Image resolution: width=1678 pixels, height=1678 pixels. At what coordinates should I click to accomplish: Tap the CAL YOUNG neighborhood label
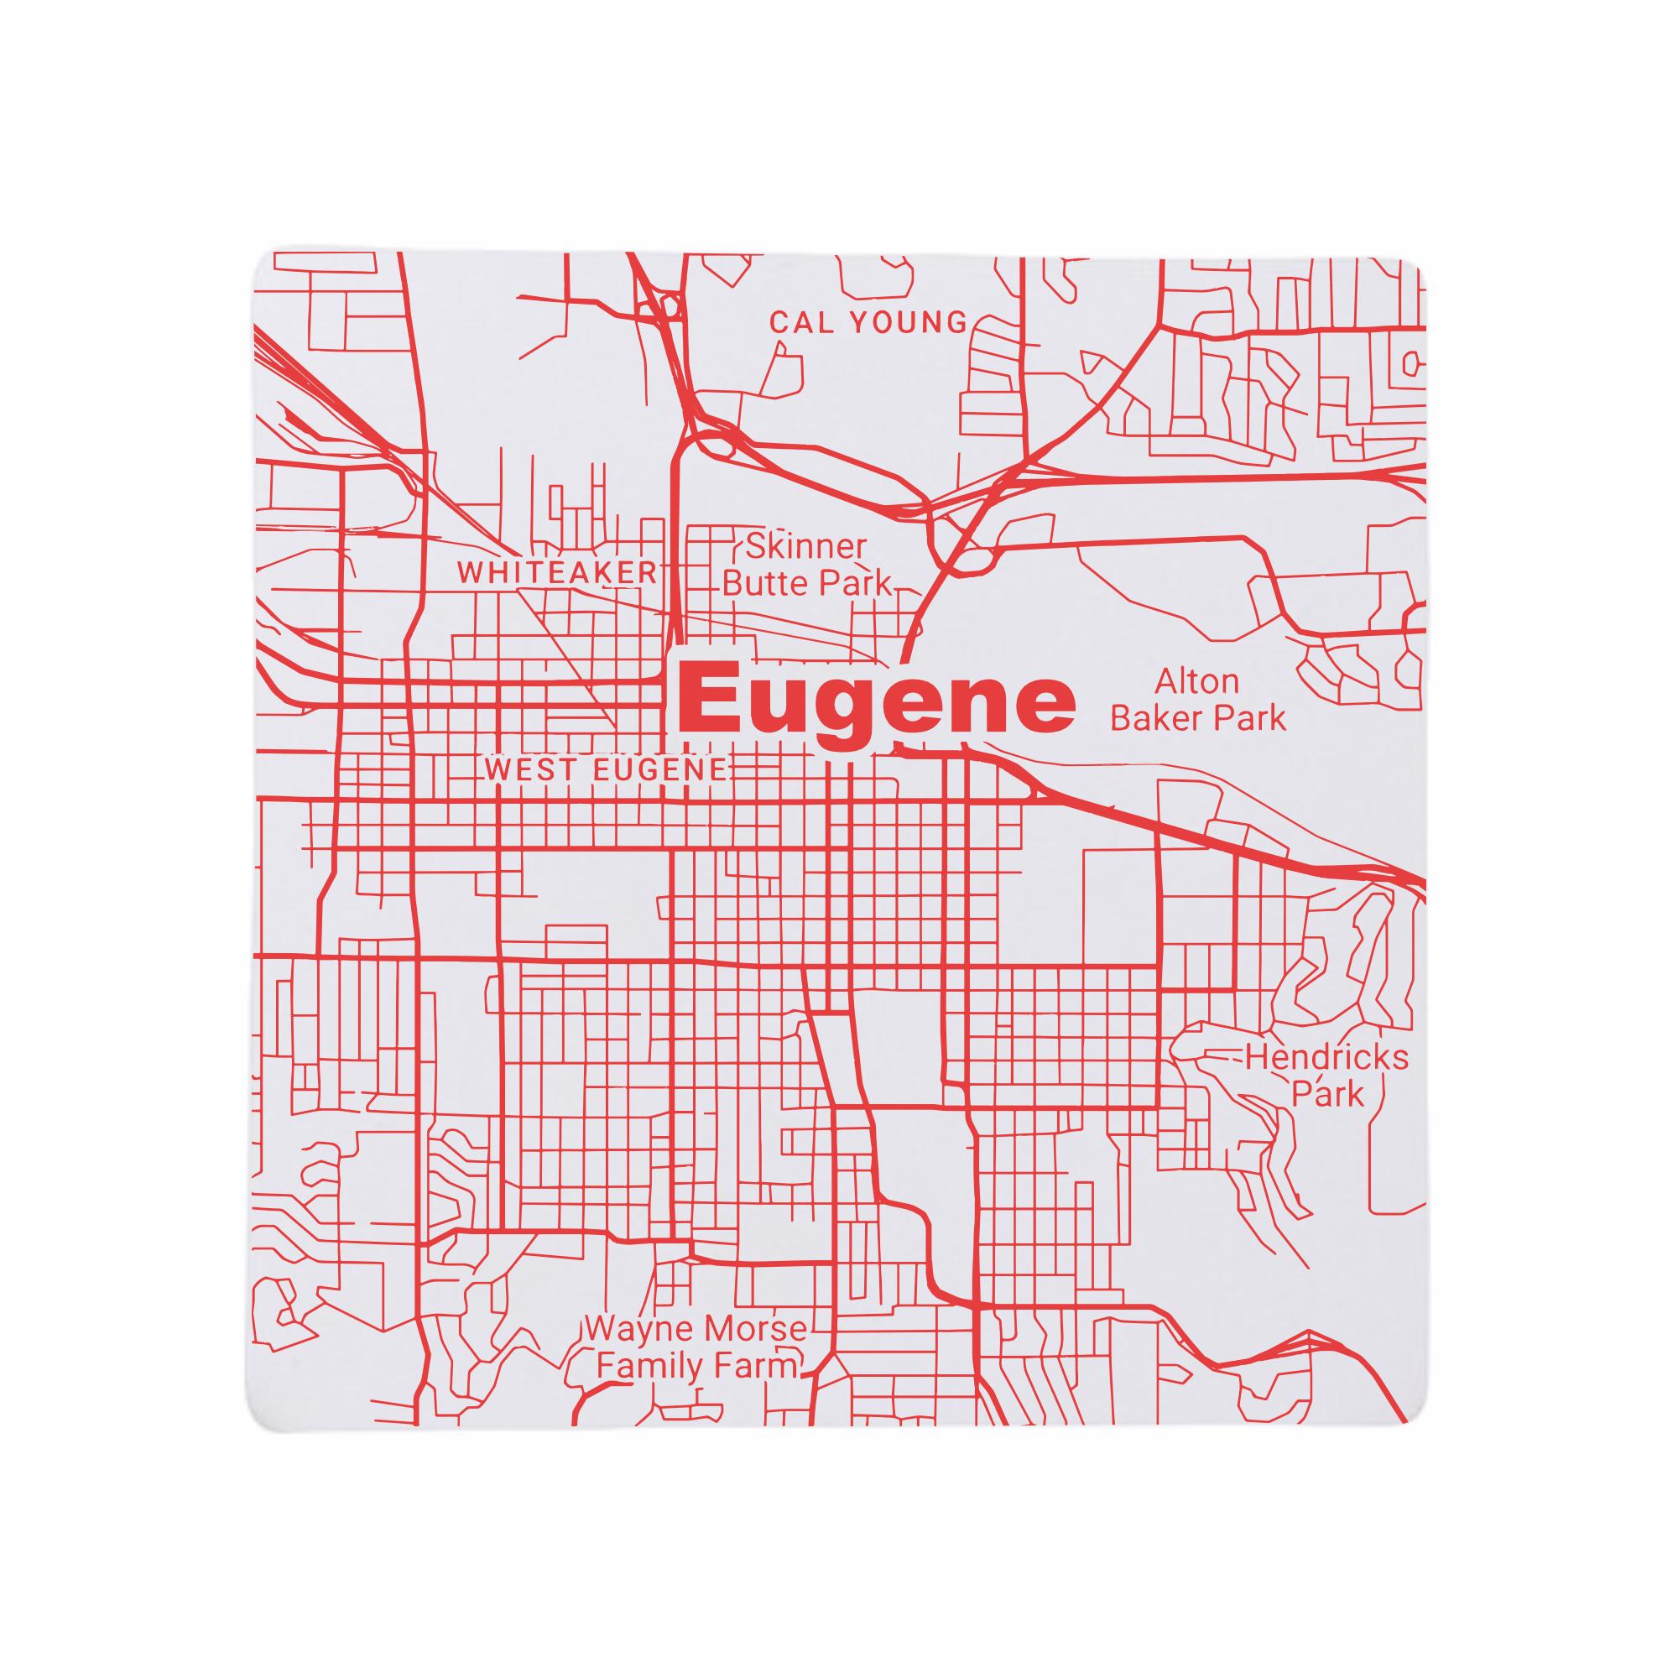[x=868, y=323]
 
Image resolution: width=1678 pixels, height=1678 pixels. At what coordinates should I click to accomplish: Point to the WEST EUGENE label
[x=606, y=769]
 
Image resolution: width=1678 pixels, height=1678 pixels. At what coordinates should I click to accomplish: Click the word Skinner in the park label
[x=806, y=547]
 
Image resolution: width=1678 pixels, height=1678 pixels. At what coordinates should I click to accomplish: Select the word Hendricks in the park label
[x=1327, y=1059]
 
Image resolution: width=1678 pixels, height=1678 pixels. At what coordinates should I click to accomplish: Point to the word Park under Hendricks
[x=1328, y=1094]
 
